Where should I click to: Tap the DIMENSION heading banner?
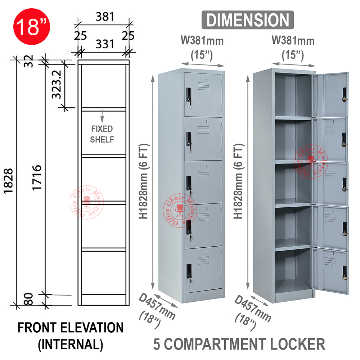[248, 20]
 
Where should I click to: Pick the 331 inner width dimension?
[105, 45]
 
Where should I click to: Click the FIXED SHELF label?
[102, 134]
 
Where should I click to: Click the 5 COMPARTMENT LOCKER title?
[239, 344]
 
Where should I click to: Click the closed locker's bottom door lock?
[189, 271]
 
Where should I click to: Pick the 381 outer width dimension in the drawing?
[105, 17]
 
